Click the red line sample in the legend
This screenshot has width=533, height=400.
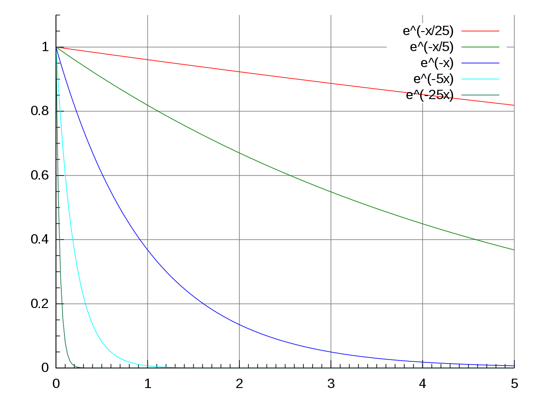pyautogui.click(x=481, y=31)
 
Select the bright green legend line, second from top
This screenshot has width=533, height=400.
pyautogui.click(x=481, y=47)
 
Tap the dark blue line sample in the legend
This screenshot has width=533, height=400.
pyautogui.click(x=481, y=63)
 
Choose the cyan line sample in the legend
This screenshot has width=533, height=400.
pyautogui.click(x=481, y=79)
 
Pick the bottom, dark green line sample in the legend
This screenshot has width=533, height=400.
pyautogui.click(x=481, y=95)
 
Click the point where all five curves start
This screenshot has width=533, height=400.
pyautogui.click(x=56, y=47)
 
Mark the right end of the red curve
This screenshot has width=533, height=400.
pyautogui.click(x=514, y=105)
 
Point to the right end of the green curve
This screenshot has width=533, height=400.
pyautogui.click(x=514, y=250)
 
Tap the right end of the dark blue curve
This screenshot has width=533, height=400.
pyautogui.click(x=514, y=366)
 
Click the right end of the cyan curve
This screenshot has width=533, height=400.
pyautogui.click(x=203, y=368)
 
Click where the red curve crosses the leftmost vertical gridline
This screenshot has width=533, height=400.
pyautogui.click(x=148, y=60)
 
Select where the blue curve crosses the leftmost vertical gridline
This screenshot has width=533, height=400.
pyautogui.click(x=148, y=251)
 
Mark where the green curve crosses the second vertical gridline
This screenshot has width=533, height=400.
pyautogui.click(x=239, y=153)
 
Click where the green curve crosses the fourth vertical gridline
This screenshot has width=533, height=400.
pyautogui.click(x=422, y=224)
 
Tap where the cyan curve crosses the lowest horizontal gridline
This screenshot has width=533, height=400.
pyautogui.click(x=86, y=304)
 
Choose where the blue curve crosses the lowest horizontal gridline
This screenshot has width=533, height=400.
pyautogui.click(x=203, y=304)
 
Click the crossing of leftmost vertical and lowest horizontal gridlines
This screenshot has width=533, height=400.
pyautogui.click(x=148, y=304)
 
